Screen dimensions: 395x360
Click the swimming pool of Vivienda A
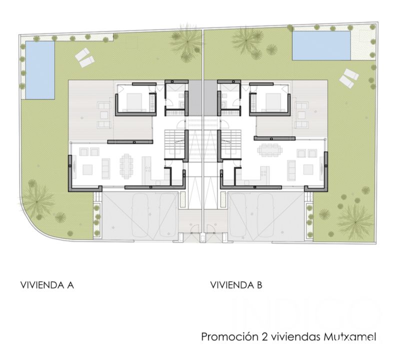40,70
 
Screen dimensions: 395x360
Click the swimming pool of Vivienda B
321,45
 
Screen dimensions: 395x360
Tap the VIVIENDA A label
47,285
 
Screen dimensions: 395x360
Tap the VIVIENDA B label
236,285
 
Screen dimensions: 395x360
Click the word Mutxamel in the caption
349,336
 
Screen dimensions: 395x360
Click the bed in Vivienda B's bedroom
271,102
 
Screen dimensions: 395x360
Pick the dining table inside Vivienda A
126,166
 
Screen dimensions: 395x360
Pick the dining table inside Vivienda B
268,150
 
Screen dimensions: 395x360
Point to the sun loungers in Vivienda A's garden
84,57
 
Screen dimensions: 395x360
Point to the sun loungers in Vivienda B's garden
348,78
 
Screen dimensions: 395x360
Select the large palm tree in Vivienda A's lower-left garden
37,201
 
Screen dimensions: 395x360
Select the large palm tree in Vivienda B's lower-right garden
355,222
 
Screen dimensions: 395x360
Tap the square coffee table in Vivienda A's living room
87,169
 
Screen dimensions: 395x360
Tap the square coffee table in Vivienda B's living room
308,169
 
